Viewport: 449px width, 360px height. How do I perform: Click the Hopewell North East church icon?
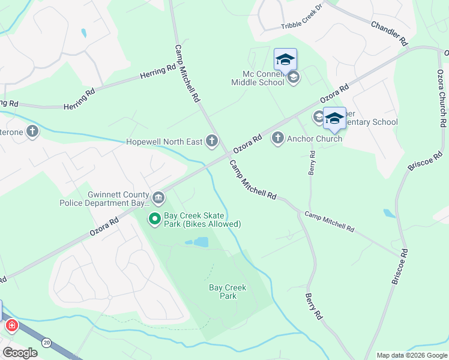point(211,141)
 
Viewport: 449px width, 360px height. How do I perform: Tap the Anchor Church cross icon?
point(277,139)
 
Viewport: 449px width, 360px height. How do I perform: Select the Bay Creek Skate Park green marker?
point(154,219)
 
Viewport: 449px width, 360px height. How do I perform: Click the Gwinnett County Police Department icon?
point(158,197)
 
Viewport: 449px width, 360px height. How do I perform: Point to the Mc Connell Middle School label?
point(263,78)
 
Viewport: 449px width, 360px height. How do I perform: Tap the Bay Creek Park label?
point(228,292)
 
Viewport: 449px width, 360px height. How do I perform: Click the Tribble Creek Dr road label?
point(302,25)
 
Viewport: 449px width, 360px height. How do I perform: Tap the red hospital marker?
point(11,326)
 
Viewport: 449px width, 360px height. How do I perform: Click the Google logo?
point(20,353)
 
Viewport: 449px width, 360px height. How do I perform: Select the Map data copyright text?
point(412,355)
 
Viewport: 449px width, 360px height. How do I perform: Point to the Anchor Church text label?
point(315,139)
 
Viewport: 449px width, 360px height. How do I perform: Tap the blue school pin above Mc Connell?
point(285,59)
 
